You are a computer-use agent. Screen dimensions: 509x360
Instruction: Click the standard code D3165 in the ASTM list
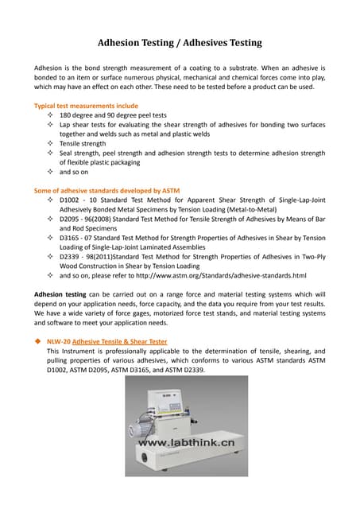[x=71, y=238]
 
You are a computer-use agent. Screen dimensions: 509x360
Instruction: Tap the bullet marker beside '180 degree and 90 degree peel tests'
[x=51, y=115]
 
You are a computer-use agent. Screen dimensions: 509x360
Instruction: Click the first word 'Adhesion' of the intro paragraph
[x=47, y=68]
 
